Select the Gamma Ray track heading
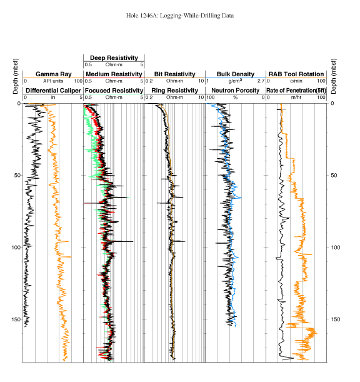(54, 74)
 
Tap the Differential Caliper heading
(53, 91)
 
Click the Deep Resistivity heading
(114, 58)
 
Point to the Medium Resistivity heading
(114, 74)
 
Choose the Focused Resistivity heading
(114, 91)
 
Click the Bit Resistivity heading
(174, 74)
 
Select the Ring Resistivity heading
(174, 91)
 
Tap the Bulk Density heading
(236, 74)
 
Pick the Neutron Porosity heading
(235, 91)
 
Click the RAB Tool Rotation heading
(296, 74)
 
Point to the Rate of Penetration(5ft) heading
(296, 91)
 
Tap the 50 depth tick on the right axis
(334, 176)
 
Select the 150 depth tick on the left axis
(16, 319)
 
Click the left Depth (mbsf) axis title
(16, 76)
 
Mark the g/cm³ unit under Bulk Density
(235, 81)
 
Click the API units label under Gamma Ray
(53, 81)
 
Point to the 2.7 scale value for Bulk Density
(261, 81)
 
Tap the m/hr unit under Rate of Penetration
(296, 97)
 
